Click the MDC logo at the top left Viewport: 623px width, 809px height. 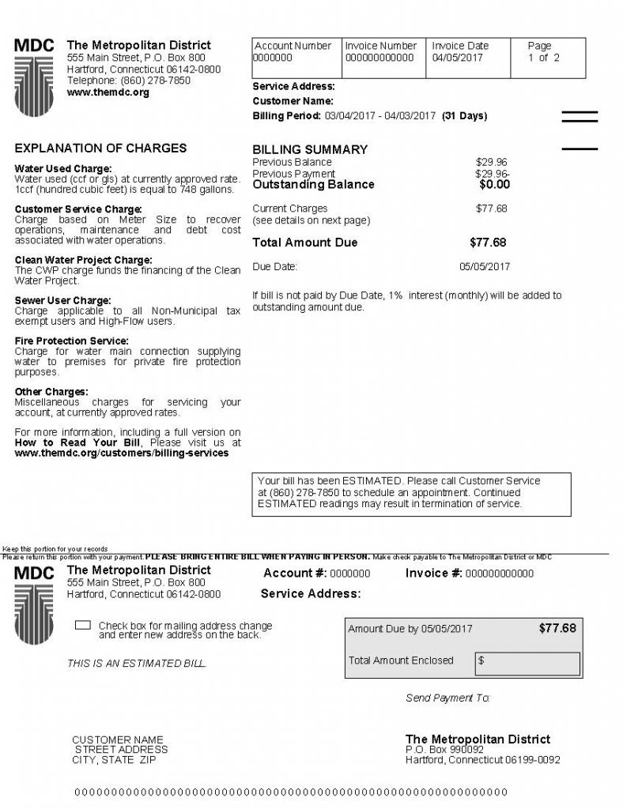click(x=35, y=76)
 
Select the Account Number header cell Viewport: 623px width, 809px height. click(x=293, y=46)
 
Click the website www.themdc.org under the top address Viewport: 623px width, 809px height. click(x=108, y=92)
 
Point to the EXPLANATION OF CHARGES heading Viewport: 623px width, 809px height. click(x=101, y=148)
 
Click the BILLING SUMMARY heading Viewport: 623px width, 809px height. click(x=310, y=149)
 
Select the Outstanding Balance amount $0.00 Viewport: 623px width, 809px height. click(x=494, y=185)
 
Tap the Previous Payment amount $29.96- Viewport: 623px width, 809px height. click(x=492, y=174)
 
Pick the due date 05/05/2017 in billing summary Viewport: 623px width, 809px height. click(x=485, y=267)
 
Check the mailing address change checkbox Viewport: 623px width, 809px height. click(x=82, y=626)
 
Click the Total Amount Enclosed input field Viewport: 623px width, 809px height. click(x=527, y=661)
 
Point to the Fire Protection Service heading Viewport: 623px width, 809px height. click(x=72, y=341)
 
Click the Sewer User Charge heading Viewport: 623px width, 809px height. click(x=63, y=301)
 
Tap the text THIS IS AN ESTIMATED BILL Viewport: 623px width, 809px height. click(x=137, y=664)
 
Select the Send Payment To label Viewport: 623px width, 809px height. click(x=447, y=698)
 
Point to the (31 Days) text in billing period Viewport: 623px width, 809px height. click(x=464, y=116)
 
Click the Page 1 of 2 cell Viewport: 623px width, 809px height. click(x=543, y=52)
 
